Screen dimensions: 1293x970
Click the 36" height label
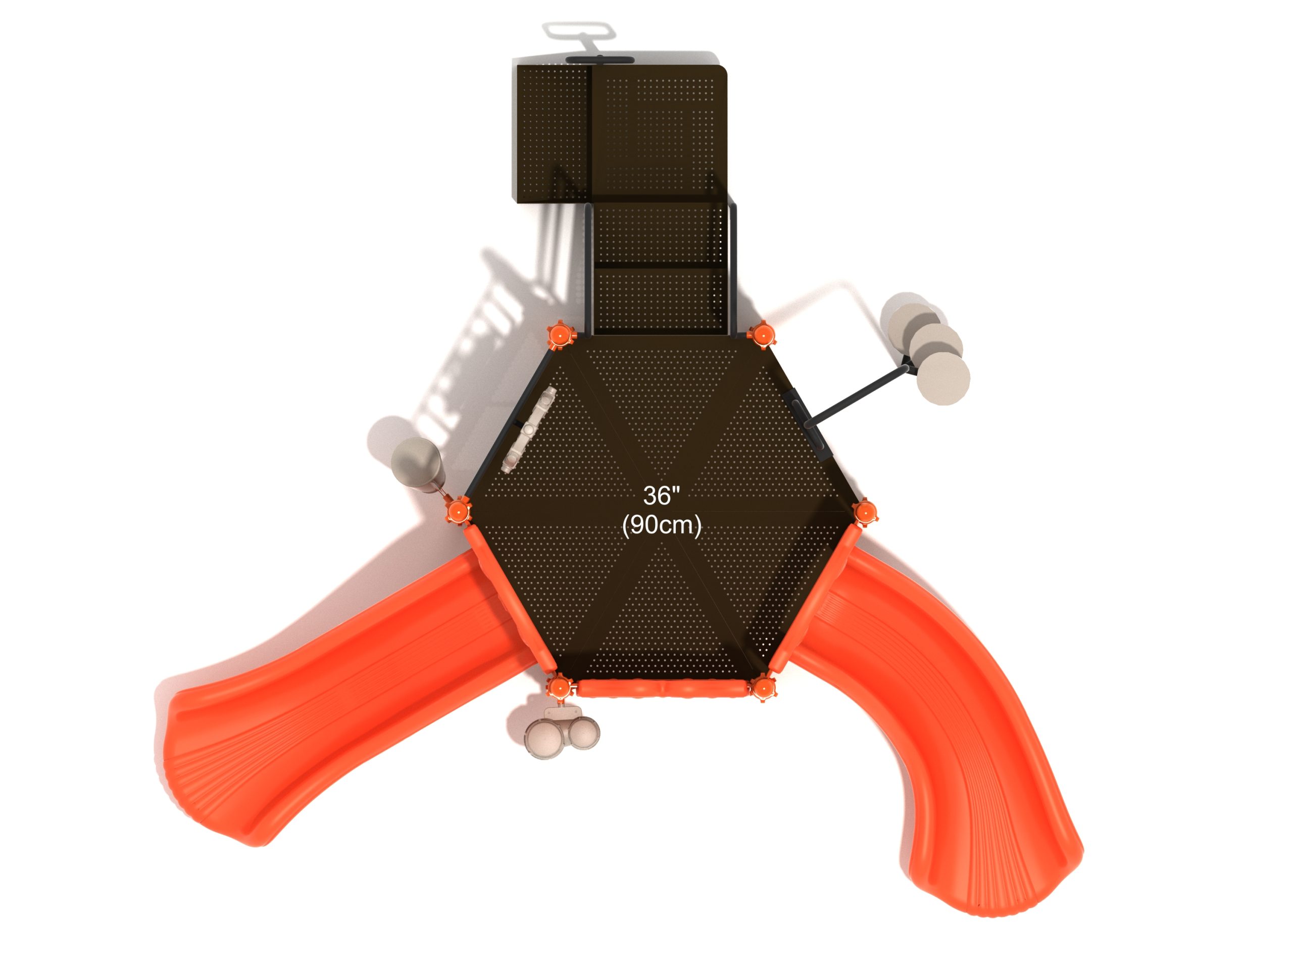click(662, 496)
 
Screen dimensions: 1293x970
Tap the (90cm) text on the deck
click(662, 524)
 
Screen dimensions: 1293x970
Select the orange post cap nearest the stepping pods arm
click(761, 335)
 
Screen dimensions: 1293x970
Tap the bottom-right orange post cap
click(762, 688)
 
